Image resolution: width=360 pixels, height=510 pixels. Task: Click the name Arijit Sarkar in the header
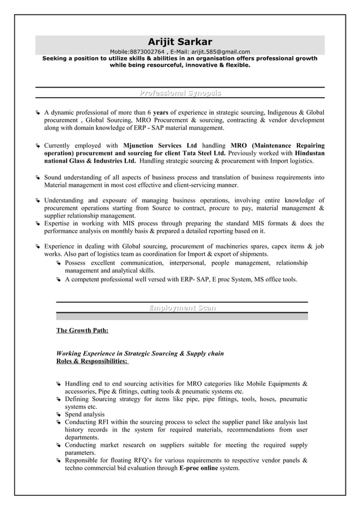click(180, 42)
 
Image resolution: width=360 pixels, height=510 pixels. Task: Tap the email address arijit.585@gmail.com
click(218, 51)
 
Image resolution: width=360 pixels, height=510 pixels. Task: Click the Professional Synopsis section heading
click(180, 93)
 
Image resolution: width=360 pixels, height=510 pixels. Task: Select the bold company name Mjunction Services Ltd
click(160, 145)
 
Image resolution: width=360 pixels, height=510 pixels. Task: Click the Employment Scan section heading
click(182, 308)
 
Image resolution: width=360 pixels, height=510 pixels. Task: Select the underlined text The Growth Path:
click(82, 330)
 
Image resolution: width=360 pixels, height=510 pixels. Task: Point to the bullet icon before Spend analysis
click(59, 415)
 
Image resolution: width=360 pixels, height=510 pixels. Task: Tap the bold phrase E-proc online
click(198, 468)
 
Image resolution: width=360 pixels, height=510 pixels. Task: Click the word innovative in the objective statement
click(195, 65)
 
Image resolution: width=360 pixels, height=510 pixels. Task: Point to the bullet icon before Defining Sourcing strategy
click(59, 399)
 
